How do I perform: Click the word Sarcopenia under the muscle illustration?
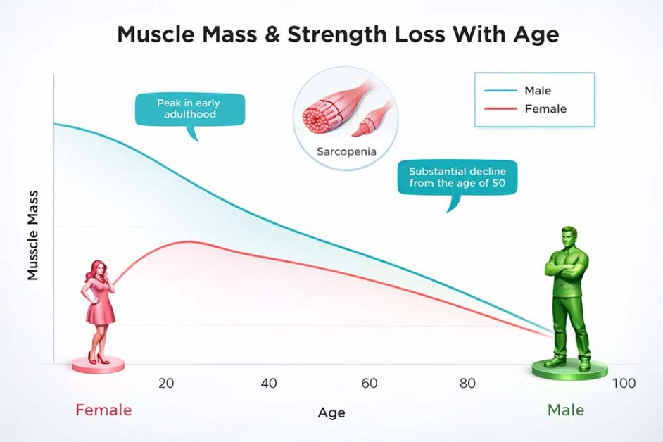[x=346, y=151]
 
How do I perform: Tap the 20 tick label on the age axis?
[x=166, y=384]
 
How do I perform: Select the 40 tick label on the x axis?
[x=268, y=384]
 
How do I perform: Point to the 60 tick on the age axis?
[x=370, y=384]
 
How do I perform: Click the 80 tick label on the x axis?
[x=467, y=384]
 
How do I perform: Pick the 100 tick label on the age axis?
[x=624, y=384]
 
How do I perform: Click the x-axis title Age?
[x=331, y=412]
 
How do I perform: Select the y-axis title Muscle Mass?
[x=33, y=236]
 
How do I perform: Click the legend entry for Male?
[x=537, y=90]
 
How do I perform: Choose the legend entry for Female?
[x=545, y=109]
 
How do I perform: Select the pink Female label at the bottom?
[x=103, y=410]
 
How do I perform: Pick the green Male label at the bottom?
[x=566, y=410]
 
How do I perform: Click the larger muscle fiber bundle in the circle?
[x=325, y=113]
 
